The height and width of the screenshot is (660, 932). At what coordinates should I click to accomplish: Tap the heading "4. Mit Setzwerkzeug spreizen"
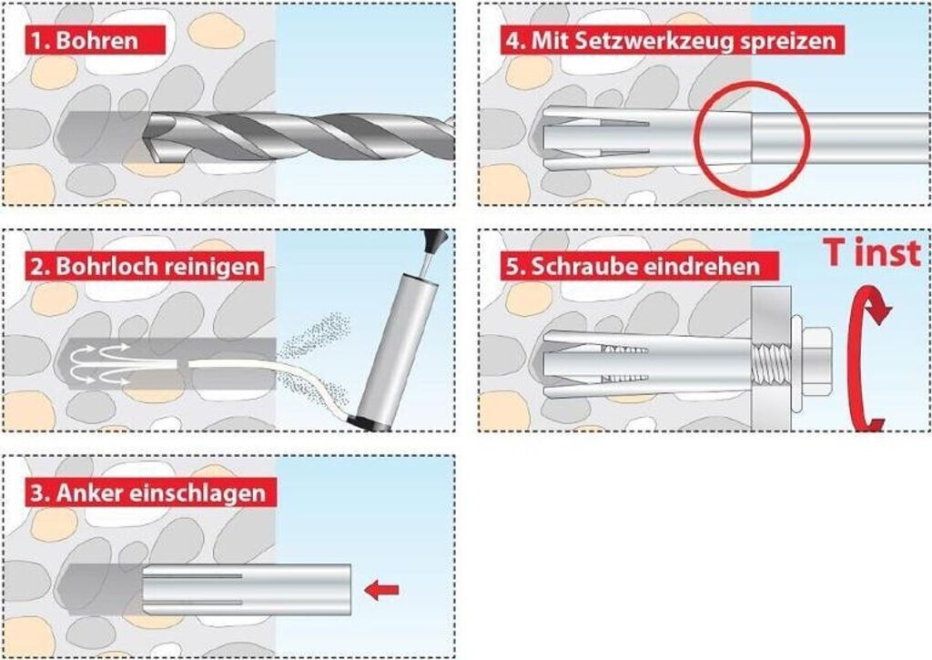(x=668, y=40)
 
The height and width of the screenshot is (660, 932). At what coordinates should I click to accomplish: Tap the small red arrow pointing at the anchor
(x=381, y=591)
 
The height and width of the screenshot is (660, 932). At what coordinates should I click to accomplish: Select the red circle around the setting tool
(x=751, y=138)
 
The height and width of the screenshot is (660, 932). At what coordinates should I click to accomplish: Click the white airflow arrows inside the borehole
(x=100, y=360)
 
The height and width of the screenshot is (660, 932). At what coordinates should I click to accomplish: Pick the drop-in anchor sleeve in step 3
(x=246, y=588)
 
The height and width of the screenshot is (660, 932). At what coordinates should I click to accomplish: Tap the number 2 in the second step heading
(x=36, y=268)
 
